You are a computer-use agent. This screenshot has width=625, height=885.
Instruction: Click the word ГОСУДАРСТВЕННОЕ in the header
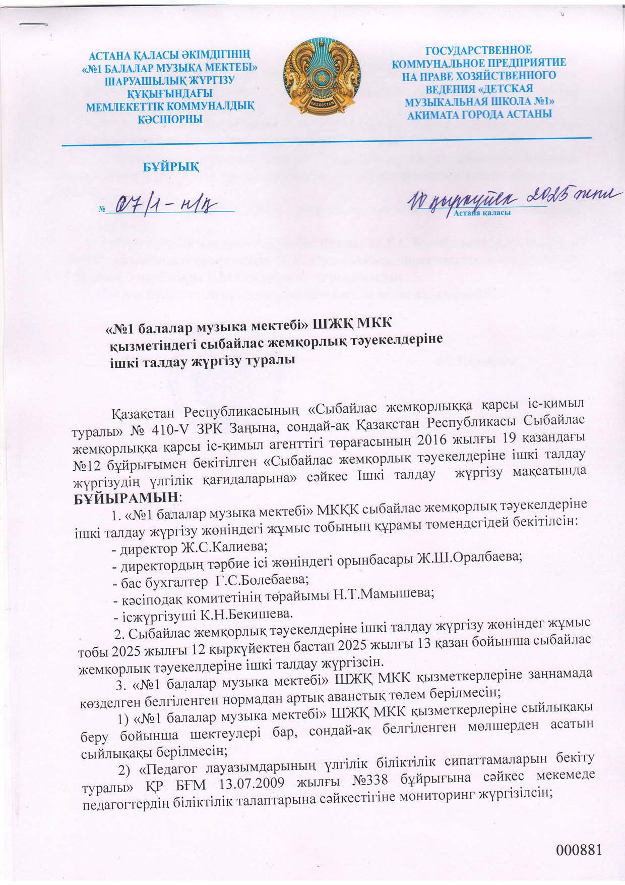(479, 50)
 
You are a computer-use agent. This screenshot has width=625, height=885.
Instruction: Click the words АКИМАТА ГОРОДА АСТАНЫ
(479, 114)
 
